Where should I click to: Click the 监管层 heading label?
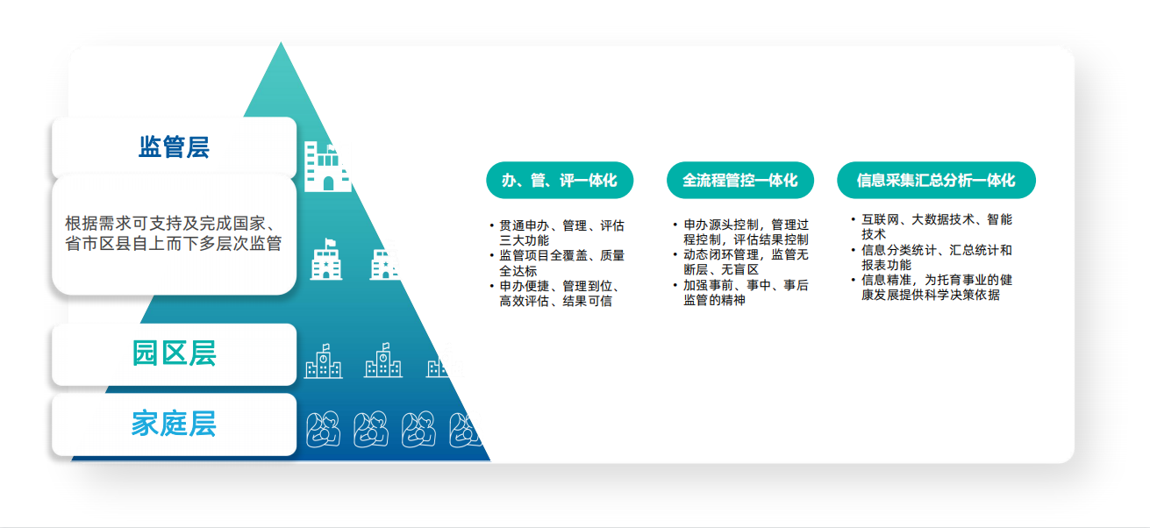point(174,147)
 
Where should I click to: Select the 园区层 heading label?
point(174,353)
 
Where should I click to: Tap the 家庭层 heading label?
point(174,424)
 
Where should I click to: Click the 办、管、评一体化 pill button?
point(560,180)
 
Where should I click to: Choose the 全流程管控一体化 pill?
point(739,180)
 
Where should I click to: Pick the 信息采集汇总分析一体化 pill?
point(936,180)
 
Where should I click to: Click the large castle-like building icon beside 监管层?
point(327,167)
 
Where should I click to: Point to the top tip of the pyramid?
point(281,42)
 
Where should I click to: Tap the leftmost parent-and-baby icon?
point(323,429)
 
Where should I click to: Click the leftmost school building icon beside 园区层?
point(323,361)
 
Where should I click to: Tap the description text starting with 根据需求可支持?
point(174,233)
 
